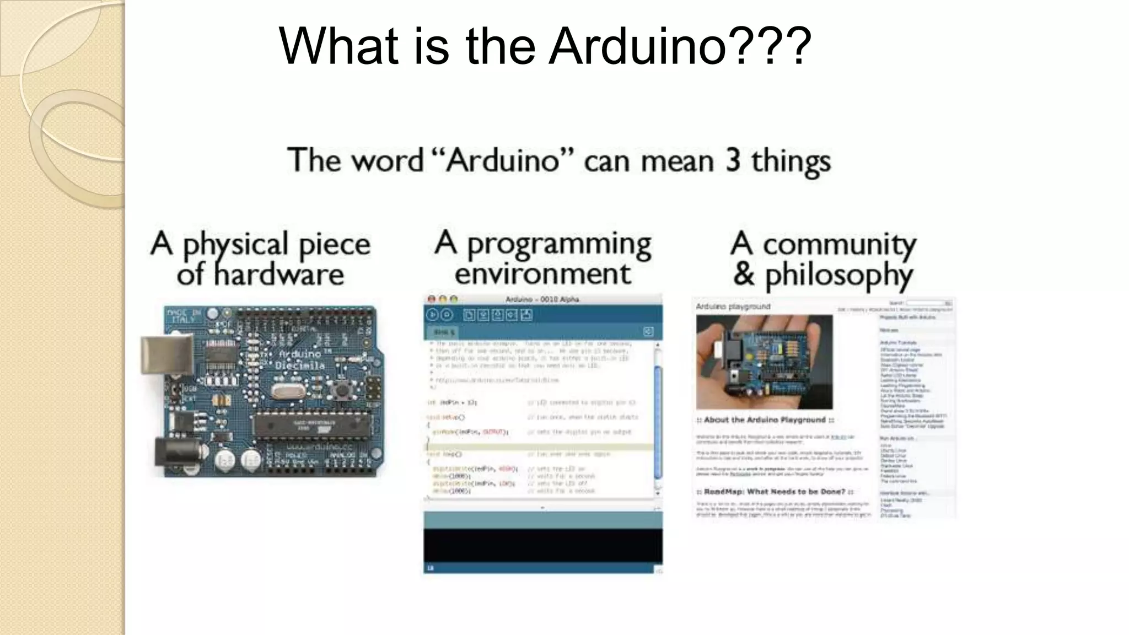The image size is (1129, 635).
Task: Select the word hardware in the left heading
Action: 279,275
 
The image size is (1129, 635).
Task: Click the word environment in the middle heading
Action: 542,274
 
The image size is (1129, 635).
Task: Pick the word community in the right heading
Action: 839,244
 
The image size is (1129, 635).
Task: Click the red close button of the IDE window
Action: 432,299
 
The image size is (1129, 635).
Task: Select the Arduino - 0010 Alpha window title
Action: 542,299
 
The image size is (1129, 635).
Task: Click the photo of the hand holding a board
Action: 764,362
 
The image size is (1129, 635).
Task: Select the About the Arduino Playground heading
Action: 765,420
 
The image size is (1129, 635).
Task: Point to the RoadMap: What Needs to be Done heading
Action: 775,491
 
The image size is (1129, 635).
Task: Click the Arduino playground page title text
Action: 733,306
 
